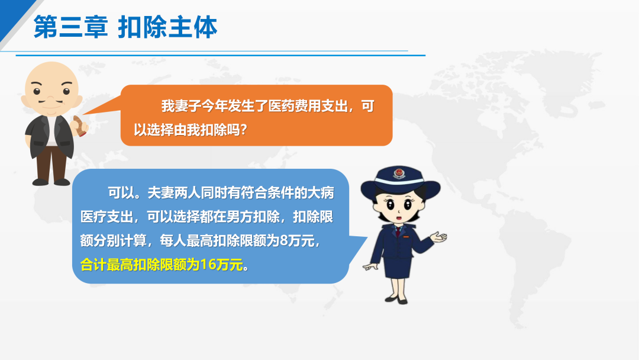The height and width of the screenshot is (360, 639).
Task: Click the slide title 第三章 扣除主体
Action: click(x=125, y=27)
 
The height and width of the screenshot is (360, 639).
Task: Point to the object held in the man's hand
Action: click(x=80, y=126)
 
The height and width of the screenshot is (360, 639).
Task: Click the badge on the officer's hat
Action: click(x=399, y=173)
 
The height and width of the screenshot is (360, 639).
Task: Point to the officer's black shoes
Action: click(x=396, y=300)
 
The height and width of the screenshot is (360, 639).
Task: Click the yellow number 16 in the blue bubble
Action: click(x=208, y=265)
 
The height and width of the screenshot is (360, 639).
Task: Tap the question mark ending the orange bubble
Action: click(x=243, y=130)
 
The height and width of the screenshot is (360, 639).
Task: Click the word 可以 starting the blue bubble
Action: click(x=121, y=192)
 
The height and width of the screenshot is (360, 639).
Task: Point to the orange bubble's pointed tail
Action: click(x=102, y=107)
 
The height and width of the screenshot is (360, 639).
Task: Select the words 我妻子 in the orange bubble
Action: click(x=181, y=106)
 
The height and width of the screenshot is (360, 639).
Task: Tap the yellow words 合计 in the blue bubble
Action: click(x=93, y=265)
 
